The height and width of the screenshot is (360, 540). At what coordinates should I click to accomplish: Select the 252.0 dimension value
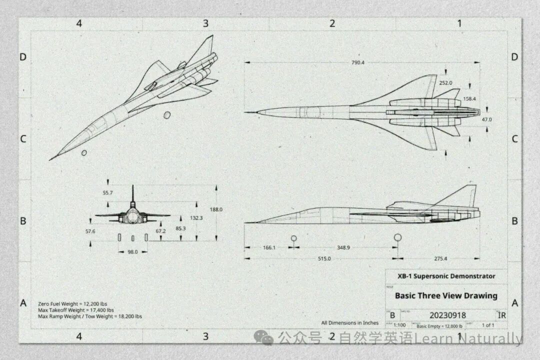pos(445,83)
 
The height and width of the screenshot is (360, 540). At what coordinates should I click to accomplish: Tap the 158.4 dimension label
pos(469,99)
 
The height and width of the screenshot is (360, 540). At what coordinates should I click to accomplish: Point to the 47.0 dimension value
pos(486,119)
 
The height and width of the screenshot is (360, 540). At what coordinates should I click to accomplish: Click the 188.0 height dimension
pos(216,209)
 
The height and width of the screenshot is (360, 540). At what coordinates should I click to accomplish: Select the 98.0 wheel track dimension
pos(132,252)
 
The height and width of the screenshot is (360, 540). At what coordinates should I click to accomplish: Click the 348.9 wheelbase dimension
pos(343,247)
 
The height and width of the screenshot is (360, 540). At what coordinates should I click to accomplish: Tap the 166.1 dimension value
pos(268,247)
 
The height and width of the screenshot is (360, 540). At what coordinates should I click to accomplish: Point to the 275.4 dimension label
pos(440,258)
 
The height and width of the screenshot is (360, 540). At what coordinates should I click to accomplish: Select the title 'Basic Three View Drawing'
pos(446,295)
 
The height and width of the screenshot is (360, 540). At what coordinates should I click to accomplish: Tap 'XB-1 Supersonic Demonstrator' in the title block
pos(446,276)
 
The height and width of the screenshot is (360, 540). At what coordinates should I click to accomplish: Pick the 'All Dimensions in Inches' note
pos(350,323)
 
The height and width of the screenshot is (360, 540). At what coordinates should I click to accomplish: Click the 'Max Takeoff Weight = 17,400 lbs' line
pos(76,310)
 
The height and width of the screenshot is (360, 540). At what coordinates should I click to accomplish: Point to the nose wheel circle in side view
pos(293,238)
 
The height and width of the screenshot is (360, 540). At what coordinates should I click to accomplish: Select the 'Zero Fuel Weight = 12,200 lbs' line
pos(72,303)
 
